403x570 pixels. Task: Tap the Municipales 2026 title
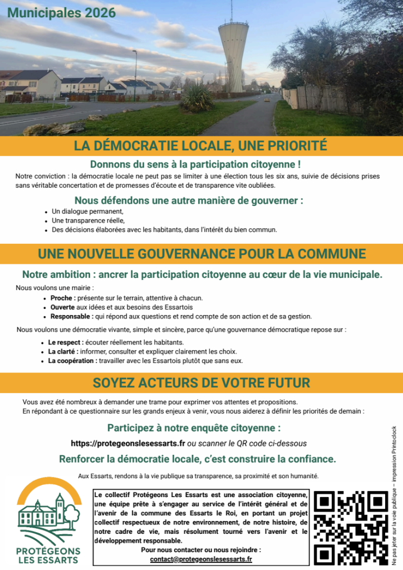62,13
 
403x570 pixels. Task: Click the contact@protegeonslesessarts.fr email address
201,559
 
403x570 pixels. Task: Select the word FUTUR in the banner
288,383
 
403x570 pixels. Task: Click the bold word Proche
61,298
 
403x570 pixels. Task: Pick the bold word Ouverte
62,307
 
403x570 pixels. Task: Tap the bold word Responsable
71,316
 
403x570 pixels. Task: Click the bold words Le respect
66,342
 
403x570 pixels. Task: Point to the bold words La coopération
72,360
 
